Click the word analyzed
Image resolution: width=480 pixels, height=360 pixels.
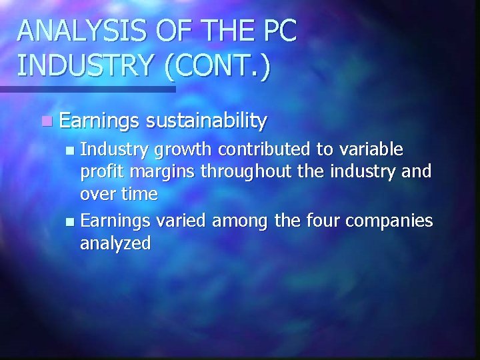[x=115, y=244]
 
